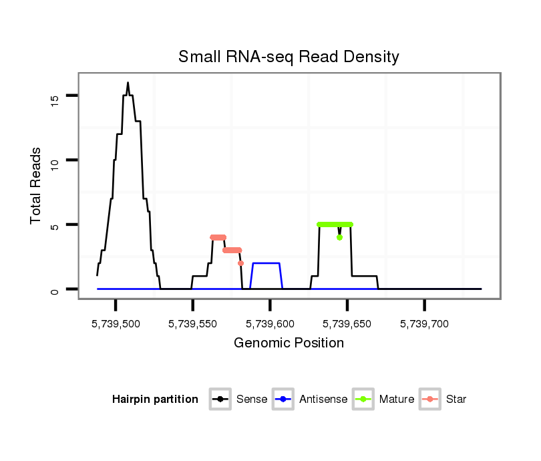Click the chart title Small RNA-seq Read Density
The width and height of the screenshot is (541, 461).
289,57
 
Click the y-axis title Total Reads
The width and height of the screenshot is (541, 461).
36,186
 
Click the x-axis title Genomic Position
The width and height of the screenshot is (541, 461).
289,343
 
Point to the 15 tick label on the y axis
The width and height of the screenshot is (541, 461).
54,99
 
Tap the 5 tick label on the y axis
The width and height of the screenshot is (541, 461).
54,226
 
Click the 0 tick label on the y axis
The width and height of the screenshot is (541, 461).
54,290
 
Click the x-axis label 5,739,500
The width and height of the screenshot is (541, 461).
116,324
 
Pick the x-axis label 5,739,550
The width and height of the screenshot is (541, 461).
193,324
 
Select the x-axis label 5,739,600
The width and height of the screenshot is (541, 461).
270,324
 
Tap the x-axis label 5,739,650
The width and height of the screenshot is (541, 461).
347,324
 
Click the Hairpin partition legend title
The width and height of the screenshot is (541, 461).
156,400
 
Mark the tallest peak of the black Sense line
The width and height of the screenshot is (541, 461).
128,83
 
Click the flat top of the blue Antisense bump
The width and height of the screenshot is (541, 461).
266,263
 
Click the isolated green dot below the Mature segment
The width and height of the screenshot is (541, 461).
340,237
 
